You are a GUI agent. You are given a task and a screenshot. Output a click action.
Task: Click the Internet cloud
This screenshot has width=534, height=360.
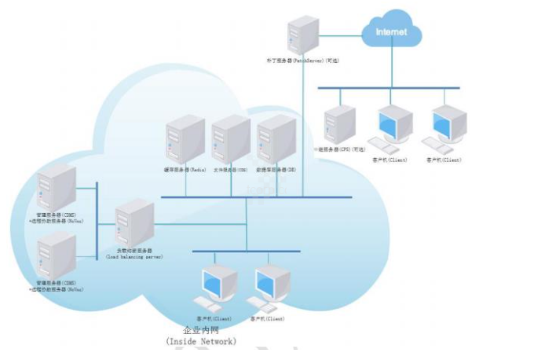[x=392, y=32]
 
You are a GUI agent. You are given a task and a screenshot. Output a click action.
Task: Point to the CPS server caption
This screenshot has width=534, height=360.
[x=340, y=148]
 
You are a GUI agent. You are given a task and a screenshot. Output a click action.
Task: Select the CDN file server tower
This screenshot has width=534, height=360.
[x=230, y=139]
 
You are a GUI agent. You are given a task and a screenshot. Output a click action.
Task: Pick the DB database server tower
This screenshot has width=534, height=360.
[x=275, y=139]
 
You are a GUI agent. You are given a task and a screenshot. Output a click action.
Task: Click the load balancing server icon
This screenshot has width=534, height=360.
[x=134, y=222]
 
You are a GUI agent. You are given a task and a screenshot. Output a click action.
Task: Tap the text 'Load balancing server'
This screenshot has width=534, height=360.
[x=134, y=256]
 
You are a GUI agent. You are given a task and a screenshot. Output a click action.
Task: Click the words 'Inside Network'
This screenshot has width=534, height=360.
[x=200, y=342]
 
